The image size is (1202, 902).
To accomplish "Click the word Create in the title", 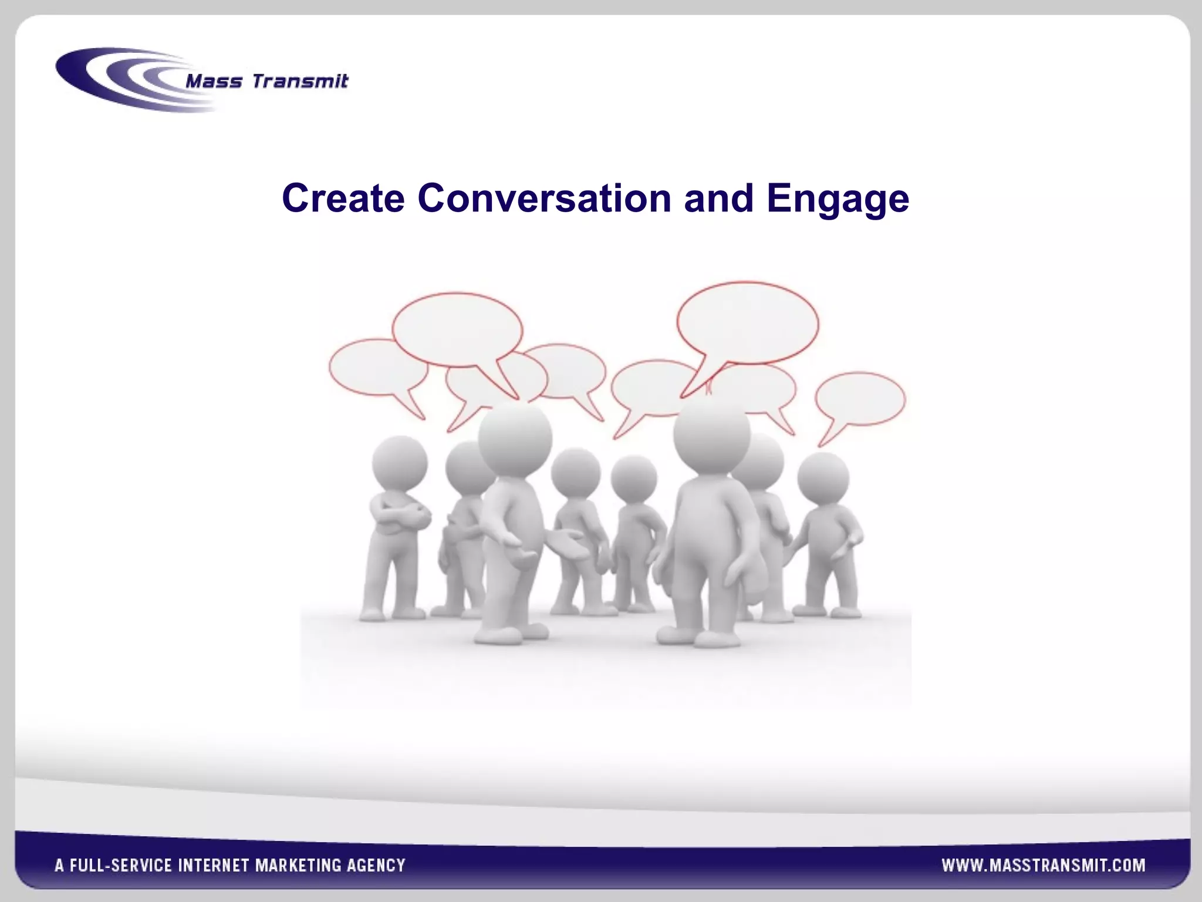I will (343, 198).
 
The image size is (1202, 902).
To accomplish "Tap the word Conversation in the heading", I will (544, 198).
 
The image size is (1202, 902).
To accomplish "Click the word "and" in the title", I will (718, 198).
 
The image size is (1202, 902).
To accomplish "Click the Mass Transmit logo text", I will (267, 81).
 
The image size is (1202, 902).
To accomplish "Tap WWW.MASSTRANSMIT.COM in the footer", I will (1043, 865).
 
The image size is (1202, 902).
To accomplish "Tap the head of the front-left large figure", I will (515, 436).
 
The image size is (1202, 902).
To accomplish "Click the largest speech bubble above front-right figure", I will (747, 323).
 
